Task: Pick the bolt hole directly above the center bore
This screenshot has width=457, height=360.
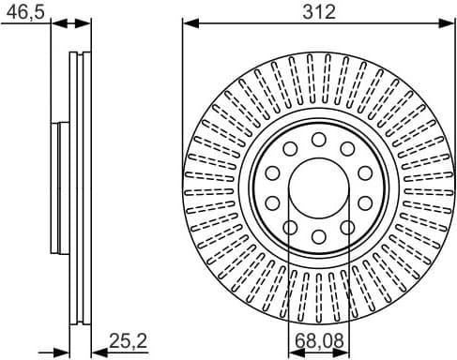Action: pos(319,140)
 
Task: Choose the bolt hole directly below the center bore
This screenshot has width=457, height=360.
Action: pos(319,235)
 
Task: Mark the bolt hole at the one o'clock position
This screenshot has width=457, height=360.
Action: pos(347,149)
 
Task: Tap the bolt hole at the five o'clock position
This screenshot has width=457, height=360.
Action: pos(347,226)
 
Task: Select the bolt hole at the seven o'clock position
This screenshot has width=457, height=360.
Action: pos(291,226)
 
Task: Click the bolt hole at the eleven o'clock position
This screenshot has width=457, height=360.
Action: pos(291,149)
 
